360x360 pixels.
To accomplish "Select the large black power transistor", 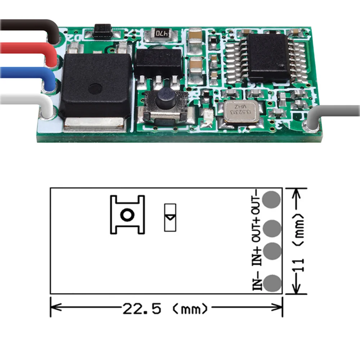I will tap(95, 86).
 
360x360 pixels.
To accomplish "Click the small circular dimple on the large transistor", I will tap(95, 87).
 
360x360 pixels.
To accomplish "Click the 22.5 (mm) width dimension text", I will tap(166, 309).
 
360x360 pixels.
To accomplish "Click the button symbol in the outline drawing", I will tap(127, 215).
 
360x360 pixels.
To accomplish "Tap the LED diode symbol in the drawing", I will tap(170, 218).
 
